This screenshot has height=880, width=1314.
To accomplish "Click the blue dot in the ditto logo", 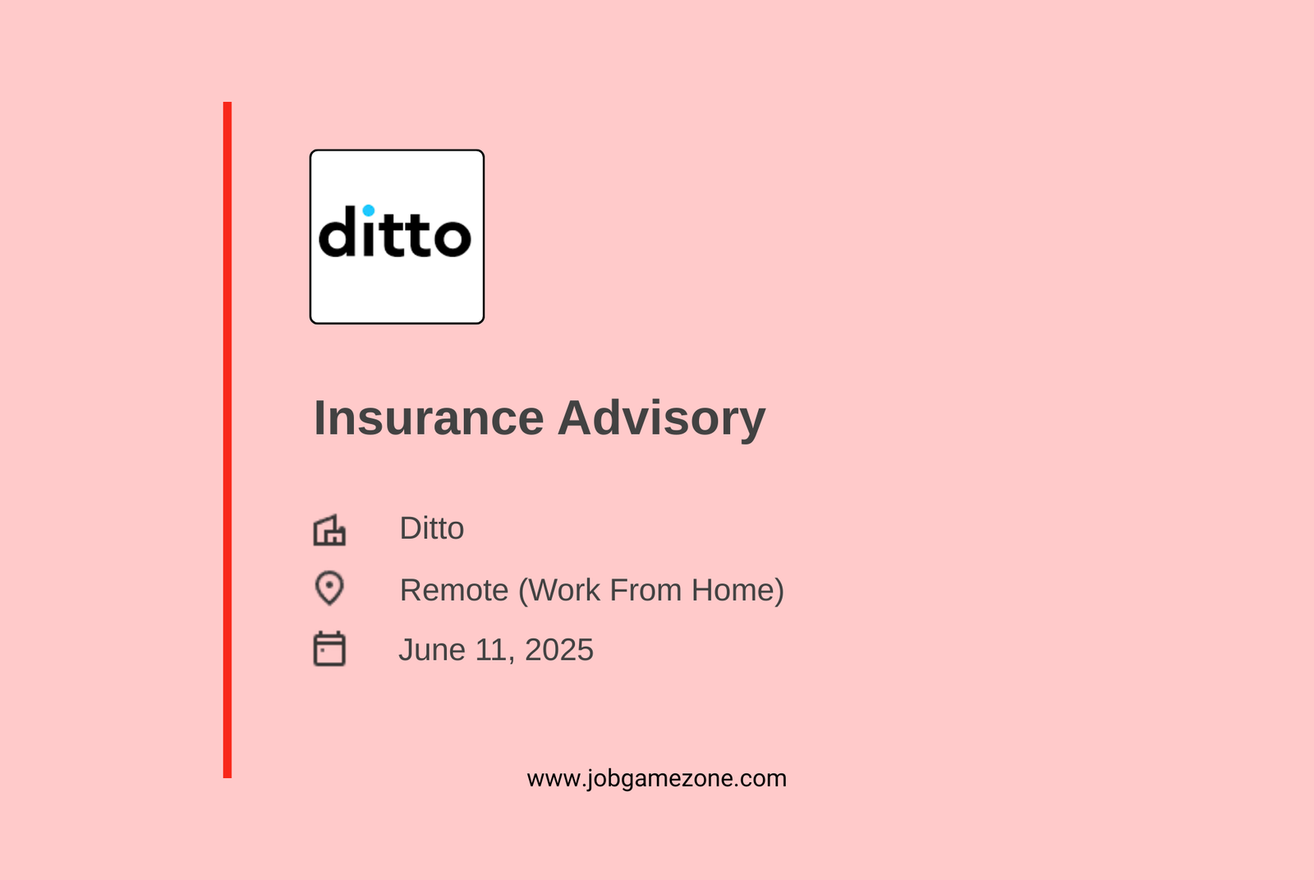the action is tap(369, 210).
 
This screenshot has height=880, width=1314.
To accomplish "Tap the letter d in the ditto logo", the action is tap(337, 232).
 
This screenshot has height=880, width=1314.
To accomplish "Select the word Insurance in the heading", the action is tap(429, 418).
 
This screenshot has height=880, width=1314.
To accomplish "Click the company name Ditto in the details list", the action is tap(432, 528).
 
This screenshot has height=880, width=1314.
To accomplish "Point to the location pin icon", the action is tap(329, 587).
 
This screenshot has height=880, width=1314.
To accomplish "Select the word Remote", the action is tap(454, 590).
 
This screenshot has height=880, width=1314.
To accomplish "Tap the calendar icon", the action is tap(329, 648).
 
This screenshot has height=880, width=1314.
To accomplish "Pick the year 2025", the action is tap(559, 650).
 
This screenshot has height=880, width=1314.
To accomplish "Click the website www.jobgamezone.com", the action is tap(656, 779).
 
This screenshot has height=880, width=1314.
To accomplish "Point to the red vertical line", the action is tap(227, 440).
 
